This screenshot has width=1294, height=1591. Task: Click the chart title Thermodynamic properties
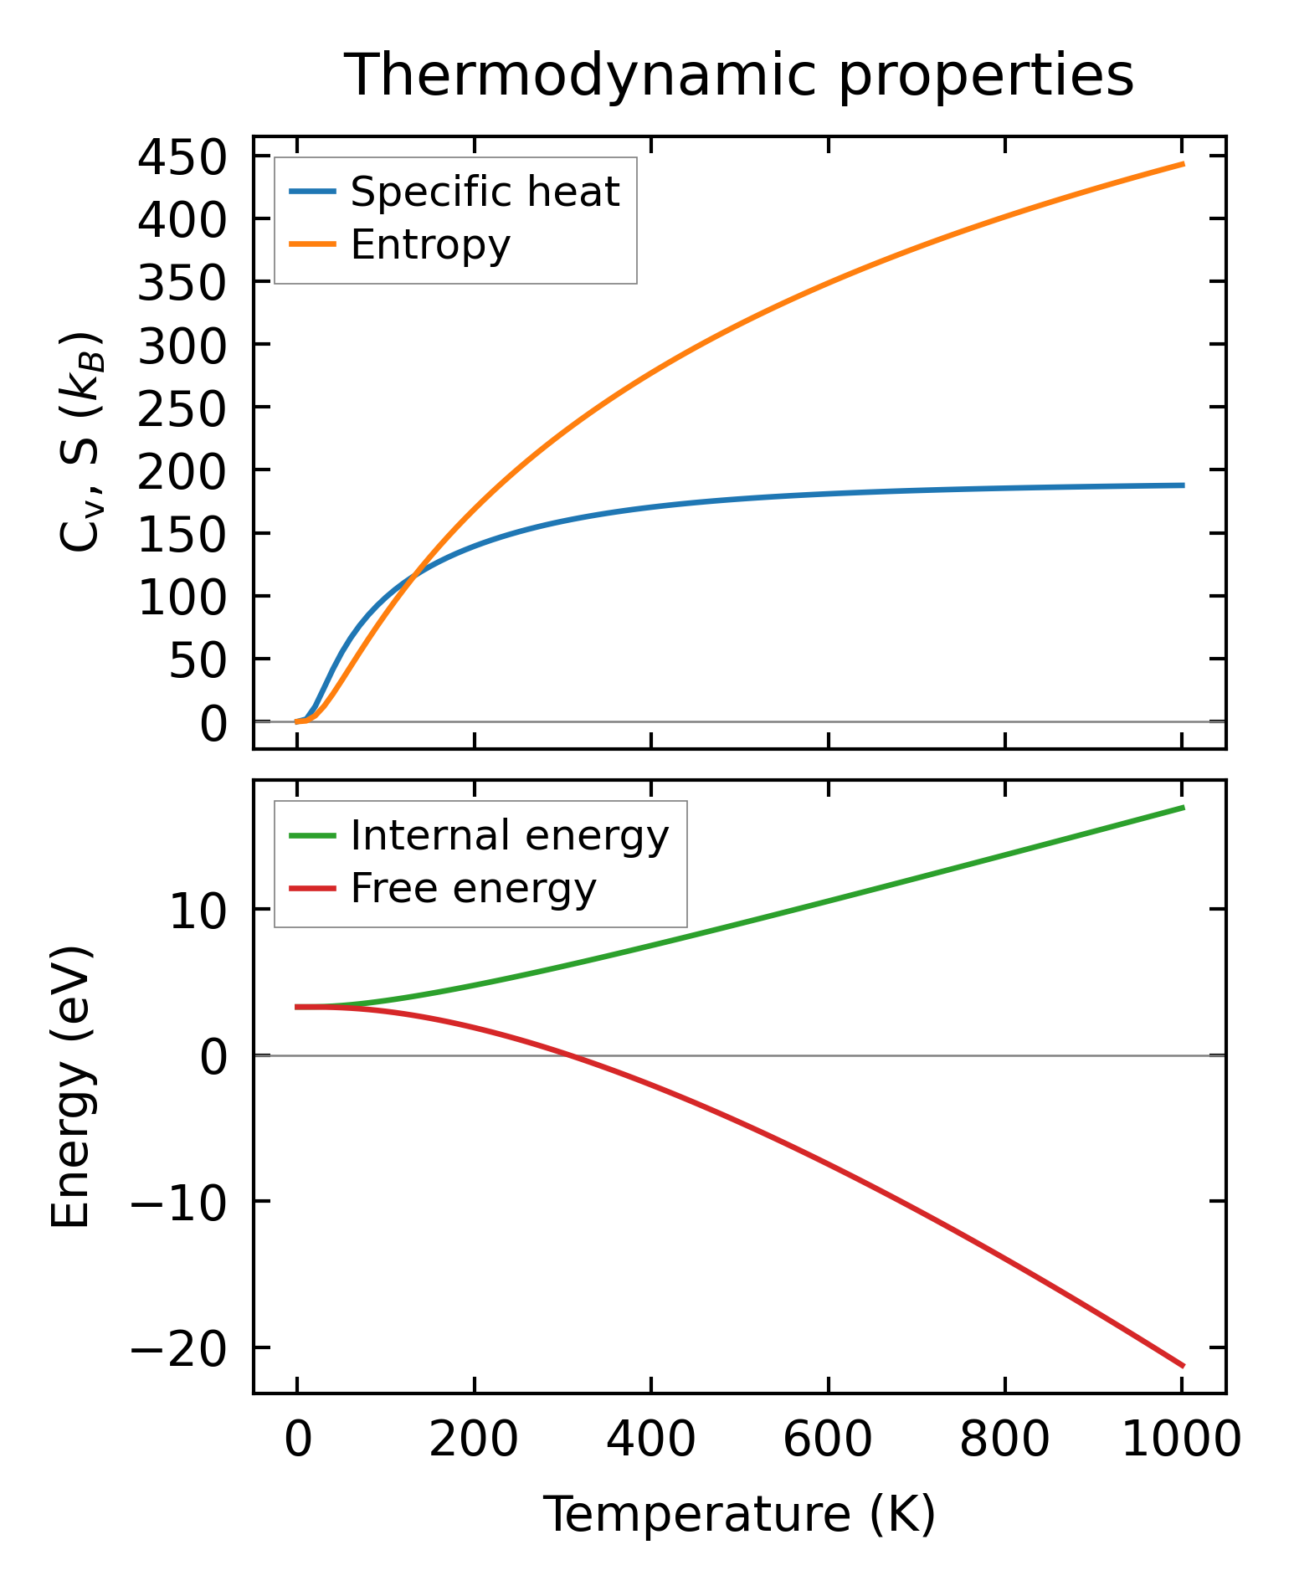739,75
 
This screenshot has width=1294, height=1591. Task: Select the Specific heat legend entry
484,192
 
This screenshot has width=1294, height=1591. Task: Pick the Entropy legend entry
429,244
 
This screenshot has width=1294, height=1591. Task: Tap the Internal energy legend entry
509,835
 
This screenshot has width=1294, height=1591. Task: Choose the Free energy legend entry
473,888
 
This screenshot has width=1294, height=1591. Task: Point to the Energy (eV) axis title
70,1086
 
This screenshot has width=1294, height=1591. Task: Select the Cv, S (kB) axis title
81,442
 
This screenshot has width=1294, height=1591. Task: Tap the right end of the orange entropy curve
1183,164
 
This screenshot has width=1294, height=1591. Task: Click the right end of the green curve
1183,807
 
